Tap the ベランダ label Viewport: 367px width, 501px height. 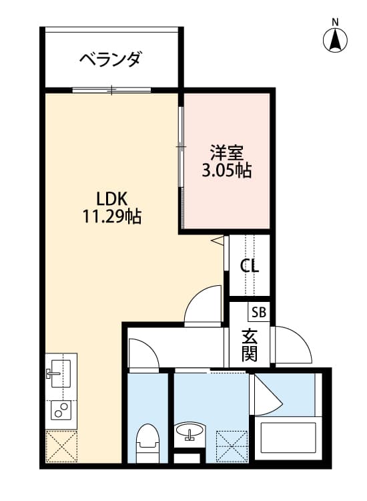pos(110,60)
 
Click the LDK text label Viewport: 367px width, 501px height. pos(111,198)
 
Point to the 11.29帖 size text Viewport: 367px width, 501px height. pos(111,217)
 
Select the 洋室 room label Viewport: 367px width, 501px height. pos(226,152)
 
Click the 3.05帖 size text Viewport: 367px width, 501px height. pos(226,170)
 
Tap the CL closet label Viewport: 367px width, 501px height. pos(250,265)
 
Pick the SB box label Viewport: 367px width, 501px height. pos(259,312)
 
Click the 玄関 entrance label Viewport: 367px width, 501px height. pos(250,344)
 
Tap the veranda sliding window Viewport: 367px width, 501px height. pos(112,90)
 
